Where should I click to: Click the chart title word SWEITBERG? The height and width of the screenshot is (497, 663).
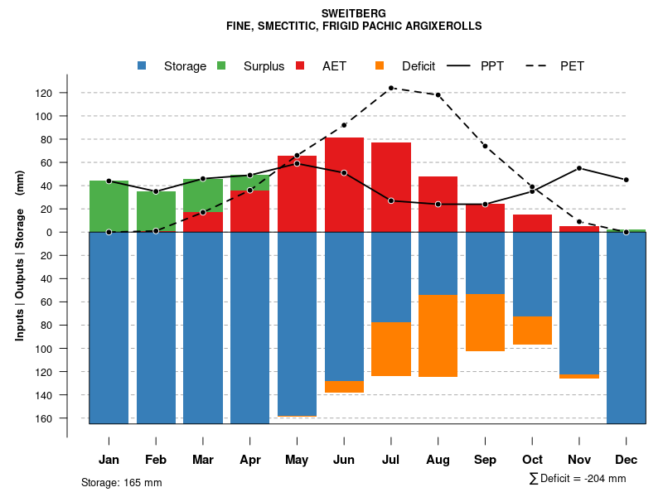354,13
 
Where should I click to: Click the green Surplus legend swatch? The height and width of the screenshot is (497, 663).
221,66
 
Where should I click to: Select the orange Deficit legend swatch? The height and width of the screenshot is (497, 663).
380,66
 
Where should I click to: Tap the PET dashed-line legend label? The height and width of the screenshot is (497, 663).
572,66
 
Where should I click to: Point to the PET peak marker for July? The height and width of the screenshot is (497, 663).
391,88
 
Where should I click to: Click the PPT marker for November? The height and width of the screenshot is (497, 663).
579,168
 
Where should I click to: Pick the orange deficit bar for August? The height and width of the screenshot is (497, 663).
438,335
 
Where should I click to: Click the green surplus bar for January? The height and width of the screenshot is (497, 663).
109,206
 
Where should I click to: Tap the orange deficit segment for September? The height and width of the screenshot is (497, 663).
485,322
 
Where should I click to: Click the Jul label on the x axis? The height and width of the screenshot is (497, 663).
391,460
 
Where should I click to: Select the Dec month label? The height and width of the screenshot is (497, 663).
627,460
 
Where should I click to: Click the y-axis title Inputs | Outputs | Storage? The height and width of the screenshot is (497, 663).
20,255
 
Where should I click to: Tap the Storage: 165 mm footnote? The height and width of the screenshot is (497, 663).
121,482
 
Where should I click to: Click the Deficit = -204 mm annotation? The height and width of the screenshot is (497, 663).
578,479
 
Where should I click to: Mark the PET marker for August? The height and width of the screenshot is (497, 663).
438,94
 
